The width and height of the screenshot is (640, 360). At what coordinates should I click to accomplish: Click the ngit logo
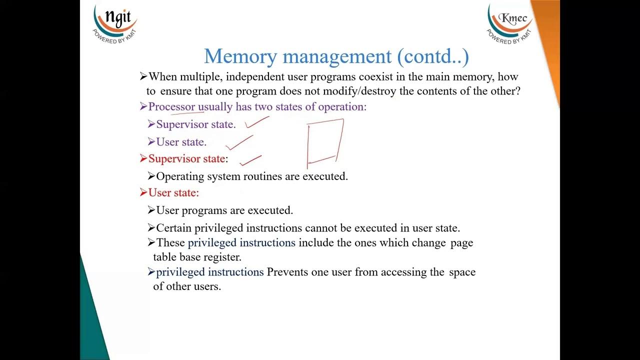click(x=114, y=22)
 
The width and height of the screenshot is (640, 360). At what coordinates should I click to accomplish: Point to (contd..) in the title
click(x=433, y=56)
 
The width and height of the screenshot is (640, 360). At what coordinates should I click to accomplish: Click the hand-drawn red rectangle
click(x=325, y=142)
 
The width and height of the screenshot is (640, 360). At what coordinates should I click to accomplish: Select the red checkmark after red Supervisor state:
click(x=250, y=160)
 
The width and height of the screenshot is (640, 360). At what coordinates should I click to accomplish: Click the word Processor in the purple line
click(x=171, y=107)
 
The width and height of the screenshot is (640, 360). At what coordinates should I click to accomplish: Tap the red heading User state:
click(x=173, y=193)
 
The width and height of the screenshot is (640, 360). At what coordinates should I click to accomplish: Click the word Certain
click(x=173, y=228)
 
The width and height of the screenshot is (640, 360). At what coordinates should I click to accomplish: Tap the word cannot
click(x=321, y=228)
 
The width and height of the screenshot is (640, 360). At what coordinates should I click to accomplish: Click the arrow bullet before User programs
click(x=151, y=210)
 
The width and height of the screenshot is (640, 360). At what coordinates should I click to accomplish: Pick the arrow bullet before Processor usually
click(x=143, y=107)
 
